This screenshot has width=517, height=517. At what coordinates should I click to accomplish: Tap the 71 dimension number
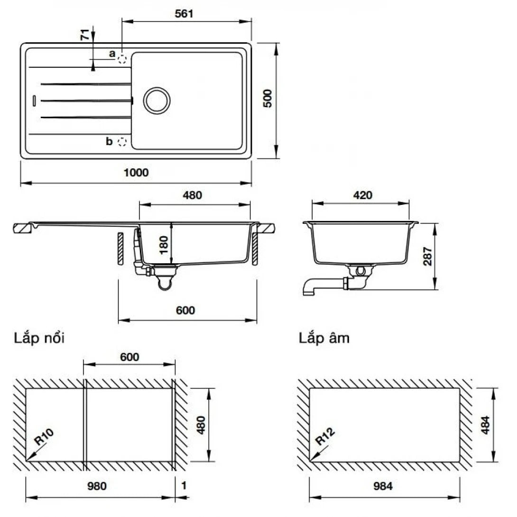point(85,35)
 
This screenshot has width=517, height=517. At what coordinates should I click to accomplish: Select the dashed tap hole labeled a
point(122,58)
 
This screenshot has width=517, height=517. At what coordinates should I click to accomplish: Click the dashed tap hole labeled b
point(122,141)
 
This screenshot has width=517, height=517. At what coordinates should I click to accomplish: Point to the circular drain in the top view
point(156,100)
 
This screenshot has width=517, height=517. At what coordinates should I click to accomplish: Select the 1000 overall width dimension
point(136,173)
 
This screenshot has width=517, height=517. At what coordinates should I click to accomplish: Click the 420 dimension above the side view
point(362,195)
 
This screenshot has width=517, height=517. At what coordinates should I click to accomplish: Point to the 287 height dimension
point(427,256)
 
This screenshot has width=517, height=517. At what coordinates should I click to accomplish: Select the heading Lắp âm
point(324,339)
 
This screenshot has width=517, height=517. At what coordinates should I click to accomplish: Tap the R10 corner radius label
point(44,439)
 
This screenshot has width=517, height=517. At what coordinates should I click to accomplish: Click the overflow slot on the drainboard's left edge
point(34,100)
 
